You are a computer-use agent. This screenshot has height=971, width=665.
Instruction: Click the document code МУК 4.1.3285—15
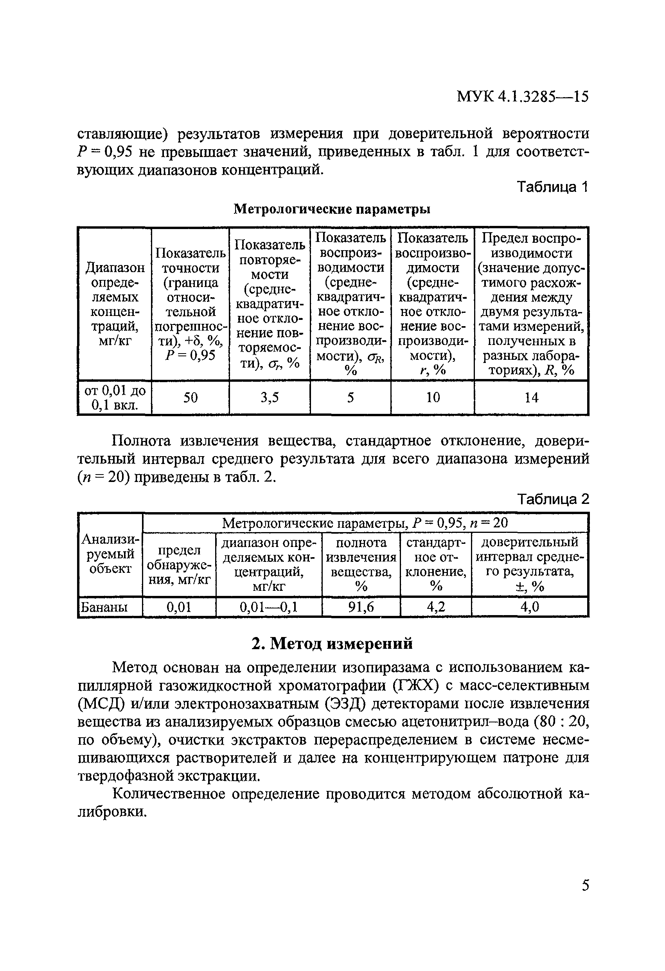(x=522, y=97)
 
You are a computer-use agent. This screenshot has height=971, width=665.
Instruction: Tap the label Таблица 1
(x=552, y=187)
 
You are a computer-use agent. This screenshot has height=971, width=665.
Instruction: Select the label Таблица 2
(x=553, y=499)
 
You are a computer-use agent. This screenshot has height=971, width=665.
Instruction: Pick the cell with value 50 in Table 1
(x=191, y=397)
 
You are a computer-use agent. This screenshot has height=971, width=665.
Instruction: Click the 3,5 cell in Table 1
(x=270, y=397)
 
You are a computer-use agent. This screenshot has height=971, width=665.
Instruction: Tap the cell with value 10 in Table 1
(x=433, y=397)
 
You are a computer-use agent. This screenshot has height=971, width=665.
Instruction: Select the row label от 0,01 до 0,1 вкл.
(x=115, y=398)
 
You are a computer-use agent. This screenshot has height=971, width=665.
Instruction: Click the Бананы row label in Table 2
(x=104, y=606)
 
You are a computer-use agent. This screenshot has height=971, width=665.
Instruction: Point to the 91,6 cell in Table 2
(x=361, y=606)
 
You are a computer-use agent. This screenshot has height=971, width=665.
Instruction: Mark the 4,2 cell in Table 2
(x=436, y=606)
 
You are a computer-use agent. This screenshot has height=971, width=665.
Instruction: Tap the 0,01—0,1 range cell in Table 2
(x=269, y=606)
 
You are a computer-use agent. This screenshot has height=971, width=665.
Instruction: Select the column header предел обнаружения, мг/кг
(x=180, y=565)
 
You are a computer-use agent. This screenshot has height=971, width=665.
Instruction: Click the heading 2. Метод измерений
(x=332, y=643)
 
